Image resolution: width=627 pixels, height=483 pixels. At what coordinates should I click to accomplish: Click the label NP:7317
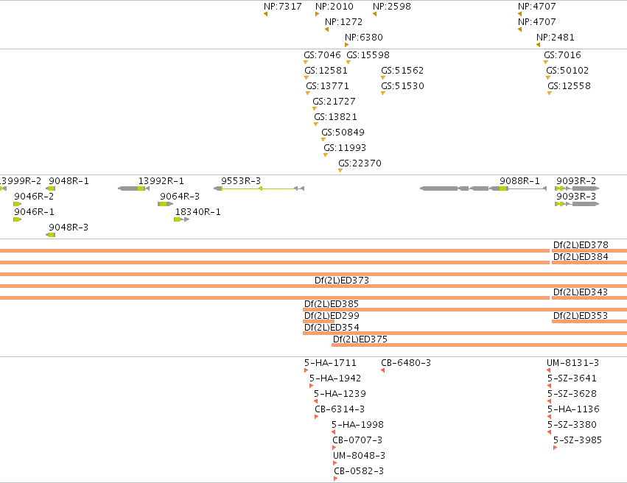coord(283,7)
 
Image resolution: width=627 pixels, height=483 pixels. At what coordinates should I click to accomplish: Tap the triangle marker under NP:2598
coord(375,14)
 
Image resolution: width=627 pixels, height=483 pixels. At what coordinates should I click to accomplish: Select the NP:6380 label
coord(364,37)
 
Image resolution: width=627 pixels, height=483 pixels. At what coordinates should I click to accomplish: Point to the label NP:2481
coord(556,37)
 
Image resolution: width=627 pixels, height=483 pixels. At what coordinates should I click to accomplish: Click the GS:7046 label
coord(322,54)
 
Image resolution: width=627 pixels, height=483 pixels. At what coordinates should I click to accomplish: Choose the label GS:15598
coord(368,54)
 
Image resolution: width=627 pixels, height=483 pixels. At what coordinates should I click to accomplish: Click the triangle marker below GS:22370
coord(340,171)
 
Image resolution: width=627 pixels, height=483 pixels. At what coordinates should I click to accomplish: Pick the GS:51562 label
coord(402,70)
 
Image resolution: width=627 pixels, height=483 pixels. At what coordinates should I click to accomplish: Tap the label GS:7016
coord(562,54)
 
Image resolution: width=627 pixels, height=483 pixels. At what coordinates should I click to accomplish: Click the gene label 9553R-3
coord(241,181)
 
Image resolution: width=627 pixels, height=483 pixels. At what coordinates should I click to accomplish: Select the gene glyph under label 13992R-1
coord(133,188)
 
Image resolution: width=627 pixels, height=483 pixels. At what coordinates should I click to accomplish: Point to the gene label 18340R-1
coord(198,212)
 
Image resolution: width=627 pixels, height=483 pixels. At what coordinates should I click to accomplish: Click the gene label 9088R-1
coord(519,181)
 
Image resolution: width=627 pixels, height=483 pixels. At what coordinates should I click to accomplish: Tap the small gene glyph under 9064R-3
coord(166,204)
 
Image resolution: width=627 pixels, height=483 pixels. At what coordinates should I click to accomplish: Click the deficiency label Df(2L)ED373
coord(342,281)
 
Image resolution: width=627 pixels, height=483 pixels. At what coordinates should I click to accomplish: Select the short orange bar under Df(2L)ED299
coord(319,321)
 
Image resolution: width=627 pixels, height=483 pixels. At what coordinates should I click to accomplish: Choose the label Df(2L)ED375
coord(360,339)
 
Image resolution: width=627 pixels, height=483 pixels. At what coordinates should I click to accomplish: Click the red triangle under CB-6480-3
coord(382,370)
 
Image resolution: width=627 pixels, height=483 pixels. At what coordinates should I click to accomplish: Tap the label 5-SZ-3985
coord(578,440)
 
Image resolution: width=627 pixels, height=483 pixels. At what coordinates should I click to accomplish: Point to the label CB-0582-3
coord(359,471)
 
